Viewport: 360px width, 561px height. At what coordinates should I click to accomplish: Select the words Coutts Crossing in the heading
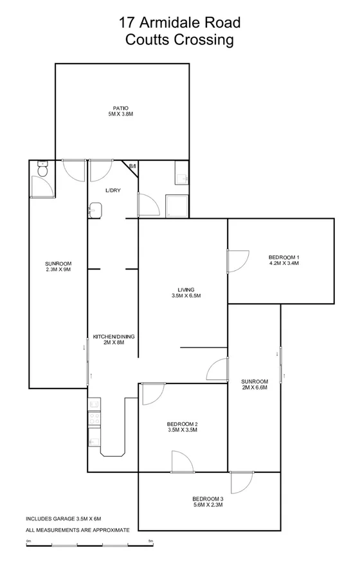179,40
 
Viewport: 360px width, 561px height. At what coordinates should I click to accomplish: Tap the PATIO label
120,107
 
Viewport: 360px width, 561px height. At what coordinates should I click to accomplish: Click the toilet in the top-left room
42,169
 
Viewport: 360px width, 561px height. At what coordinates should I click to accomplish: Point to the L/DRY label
114,190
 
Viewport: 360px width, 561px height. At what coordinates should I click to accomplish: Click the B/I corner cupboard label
132,167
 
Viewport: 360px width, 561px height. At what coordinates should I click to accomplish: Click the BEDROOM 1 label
283,257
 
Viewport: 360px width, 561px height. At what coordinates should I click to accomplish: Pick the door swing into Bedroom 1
238,259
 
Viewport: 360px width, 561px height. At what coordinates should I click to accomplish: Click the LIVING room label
186,290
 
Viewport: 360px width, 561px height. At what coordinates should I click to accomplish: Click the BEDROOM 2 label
182,423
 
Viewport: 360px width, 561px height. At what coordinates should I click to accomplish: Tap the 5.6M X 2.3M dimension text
208,506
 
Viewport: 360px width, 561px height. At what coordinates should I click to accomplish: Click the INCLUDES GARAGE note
63,519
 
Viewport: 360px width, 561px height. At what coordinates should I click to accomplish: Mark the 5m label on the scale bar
150,541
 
